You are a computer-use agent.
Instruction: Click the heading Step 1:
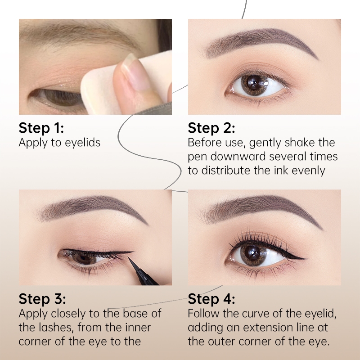pos(41,128)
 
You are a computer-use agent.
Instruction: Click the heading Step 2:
pos(211,128)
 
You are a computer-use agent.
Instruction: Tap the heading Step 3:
pos(42,299)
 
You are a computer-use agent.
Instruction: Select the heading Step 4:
pos(211,299)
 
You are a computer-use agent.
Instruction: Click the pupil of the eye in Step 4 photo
pos(251,253)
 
